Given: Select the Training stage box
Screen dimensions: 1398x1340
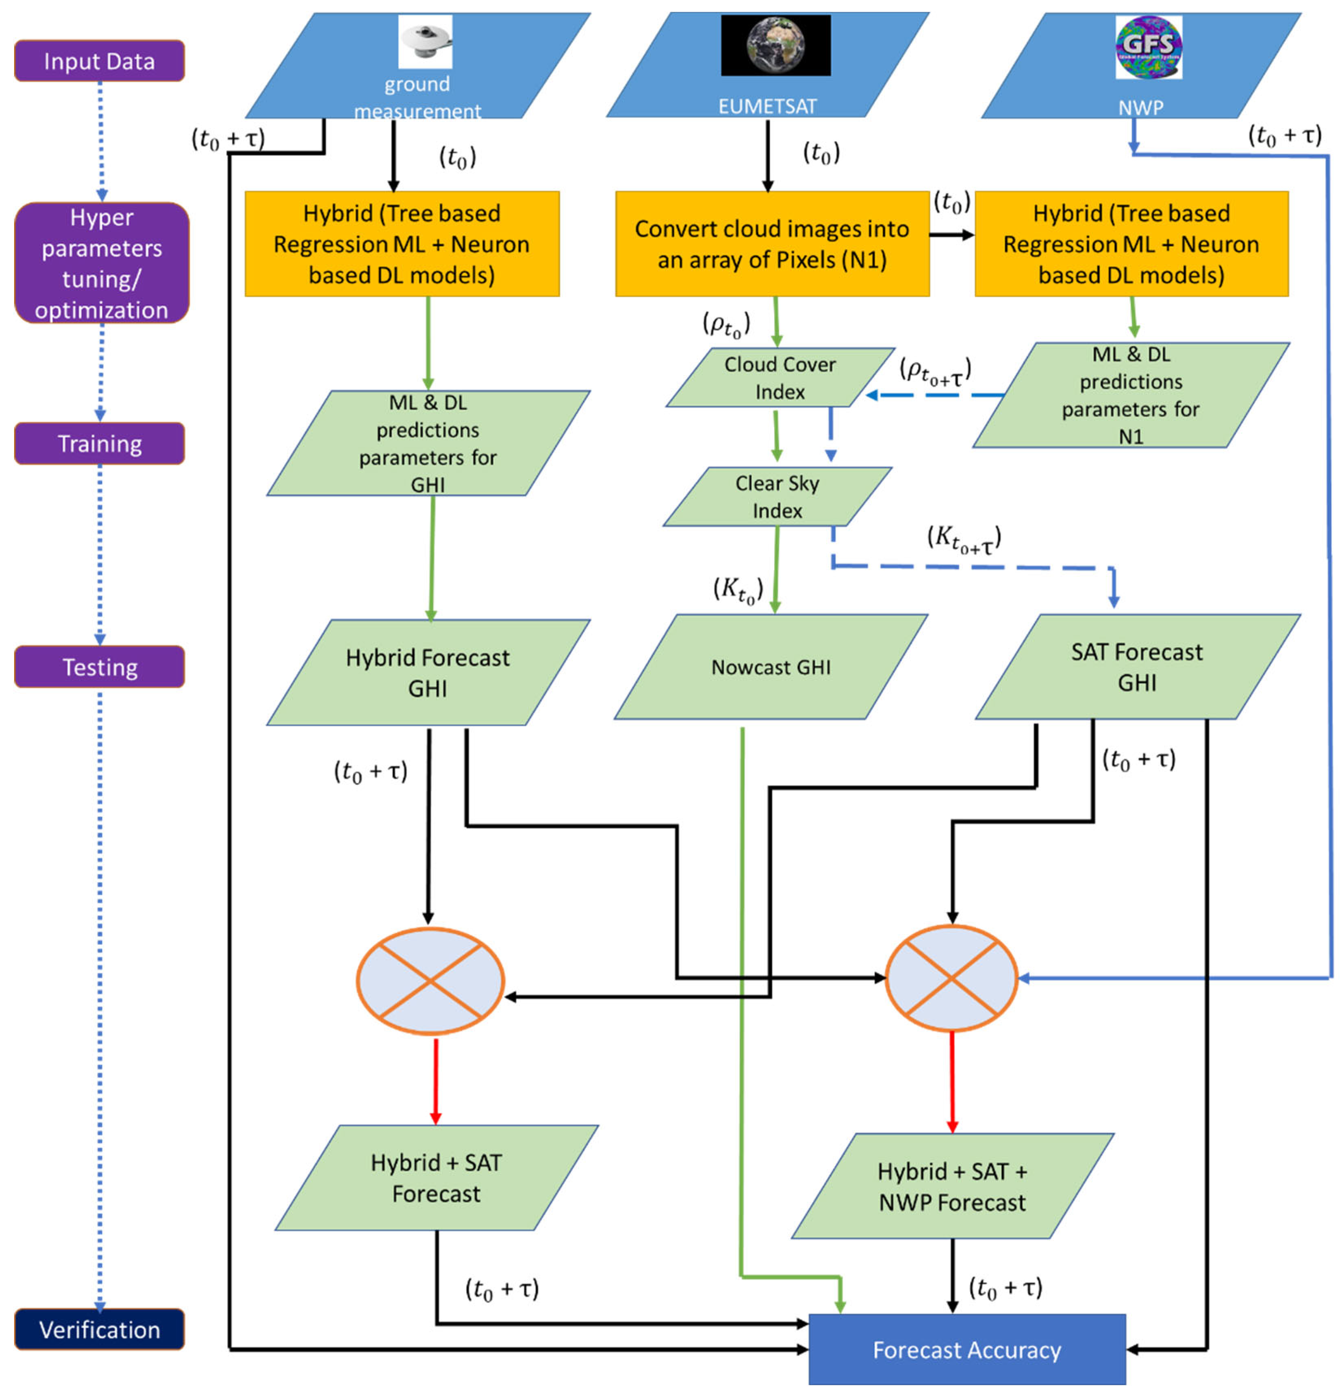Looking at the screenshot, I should [99, 444].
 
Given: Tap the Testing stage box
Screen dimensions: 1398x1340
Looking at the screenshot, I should [99, 667].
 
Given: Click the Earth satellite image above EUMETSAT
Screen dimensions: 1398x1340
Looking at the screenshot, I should [775, 45].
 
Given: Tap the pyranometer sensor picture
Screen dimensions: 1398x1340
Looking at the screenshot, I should [425, 41].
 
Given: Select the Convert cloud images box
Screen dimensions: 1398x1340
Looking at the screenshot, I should [772, 244].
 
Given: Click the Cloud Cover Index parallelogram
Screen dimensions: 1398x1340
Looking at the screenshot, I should [780, 378].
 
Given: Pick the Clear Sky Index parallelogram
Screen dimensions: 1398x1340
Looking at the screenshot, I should [777, 497].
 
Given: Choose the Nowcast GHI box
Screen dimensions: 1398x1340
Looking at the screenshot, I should [770, 667].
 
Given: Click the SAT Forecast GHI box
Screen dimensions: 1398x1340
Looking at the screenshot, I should [1137, 667].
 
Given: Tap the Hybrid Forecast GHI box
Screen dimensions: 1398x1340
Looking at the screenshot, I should [428, 673].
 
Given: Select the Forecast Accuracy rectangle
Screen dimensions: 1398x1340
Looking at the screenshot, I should [966, 1350].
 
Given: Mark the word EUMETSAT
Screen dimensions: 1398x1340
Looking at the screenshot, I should [767, 106].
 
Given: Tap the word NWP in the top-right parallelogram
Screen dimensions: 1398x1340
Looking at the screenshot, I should [1140, 108].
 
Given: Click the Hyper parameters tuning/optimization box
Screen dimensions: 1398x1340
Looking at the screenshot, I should [101, 263].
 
